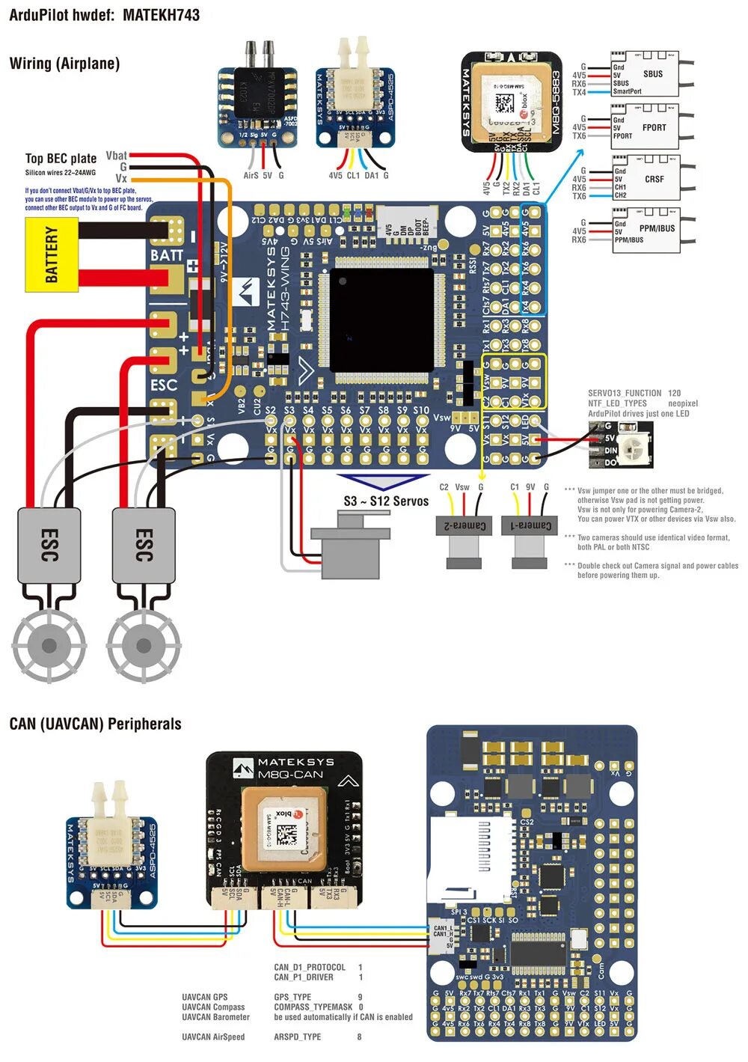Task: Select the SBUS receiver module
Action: [x=645, y=74]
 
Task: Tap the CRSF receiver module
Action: [x=645, y=178]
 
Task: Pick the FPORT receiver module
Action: [x=645, y=127]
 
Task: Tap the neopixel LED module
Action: [x=620, y=445]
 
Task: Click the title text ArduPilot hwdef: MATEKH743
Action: [x=104, y=15]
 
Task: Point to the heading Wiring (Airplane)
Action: [x=64, y=64]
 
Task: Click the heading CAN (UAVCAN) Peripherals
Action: [x=96, y=724]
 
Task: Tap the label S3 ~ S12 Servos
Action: [x=386, y=501]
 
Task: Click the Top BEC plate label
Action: [x=61, y=159]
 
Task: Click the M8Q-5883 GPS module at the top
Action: [x=512, y=102]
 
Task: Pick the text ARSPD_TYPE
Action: [x=297, y=1037]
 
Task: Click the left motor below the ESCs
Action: [x=49, y=644]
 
